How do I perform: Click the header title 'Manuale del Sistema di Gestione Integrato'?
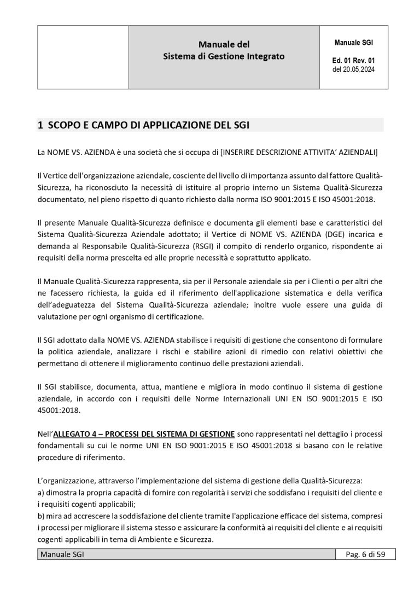click(x=224, y=50)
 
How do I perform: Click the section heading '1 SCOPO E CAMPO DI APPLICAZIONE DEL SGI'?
click(x=143, y=125)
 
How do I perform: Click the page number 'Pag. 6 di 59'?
click(x=366, y=555)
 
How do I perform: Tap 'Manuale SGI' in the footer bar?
click(x=61, y=555)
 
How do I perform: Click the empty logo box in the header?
click(x=83, y=57)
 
